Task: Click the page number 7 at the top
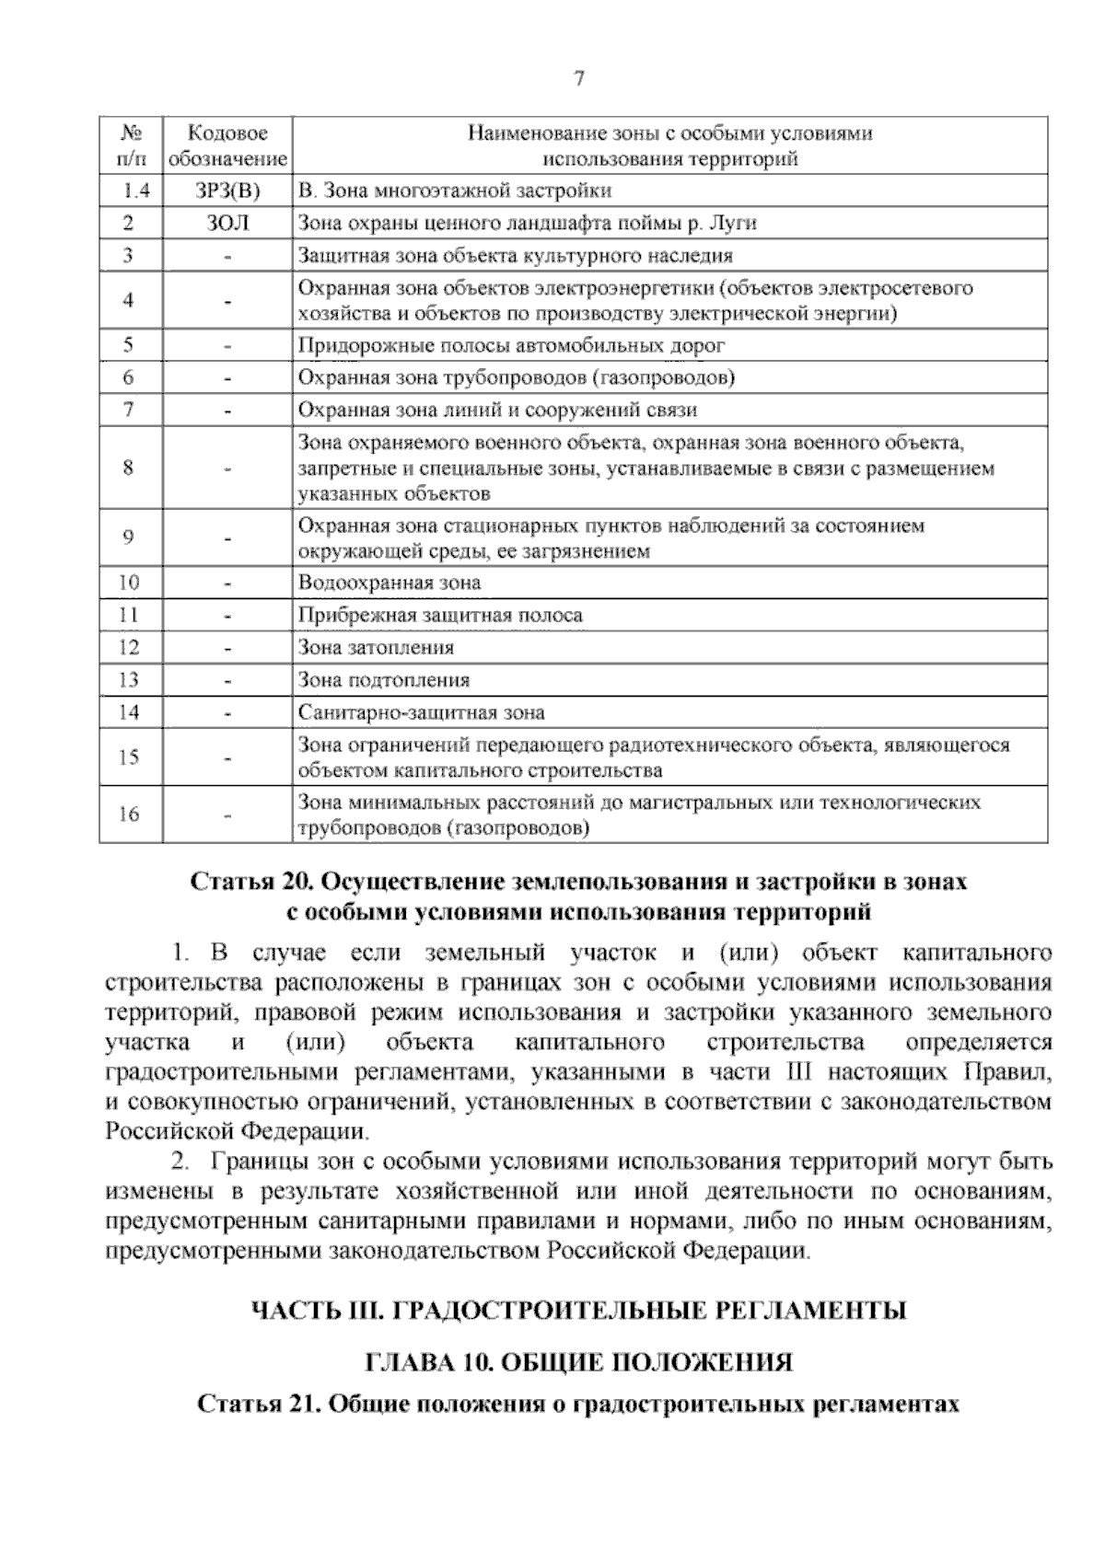click(579, 79)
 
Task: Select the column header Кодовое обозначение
click(227, 146)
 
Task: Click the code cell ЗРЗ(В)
click(227, 191)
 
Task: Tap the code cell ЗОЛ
click(227, 223)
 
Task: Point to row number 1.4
click(130, 191)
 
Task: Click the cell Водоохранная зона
click(389, 583)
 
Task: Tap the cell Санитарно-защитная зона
click(421, 712)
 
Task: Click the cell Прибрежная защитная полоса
click(440, 615)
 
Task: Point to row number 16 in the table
click(130, 814)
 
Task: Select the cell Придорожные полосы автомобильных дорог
click(511, 346)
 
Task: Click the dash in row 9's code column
click(227, 538)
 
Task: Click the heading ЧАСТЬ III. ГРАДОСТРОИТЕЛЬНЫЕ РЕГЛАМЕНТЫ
click(579, 1311)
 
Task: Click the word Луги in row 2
click(737, 223)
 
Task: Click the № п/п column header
click(130, 146)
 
